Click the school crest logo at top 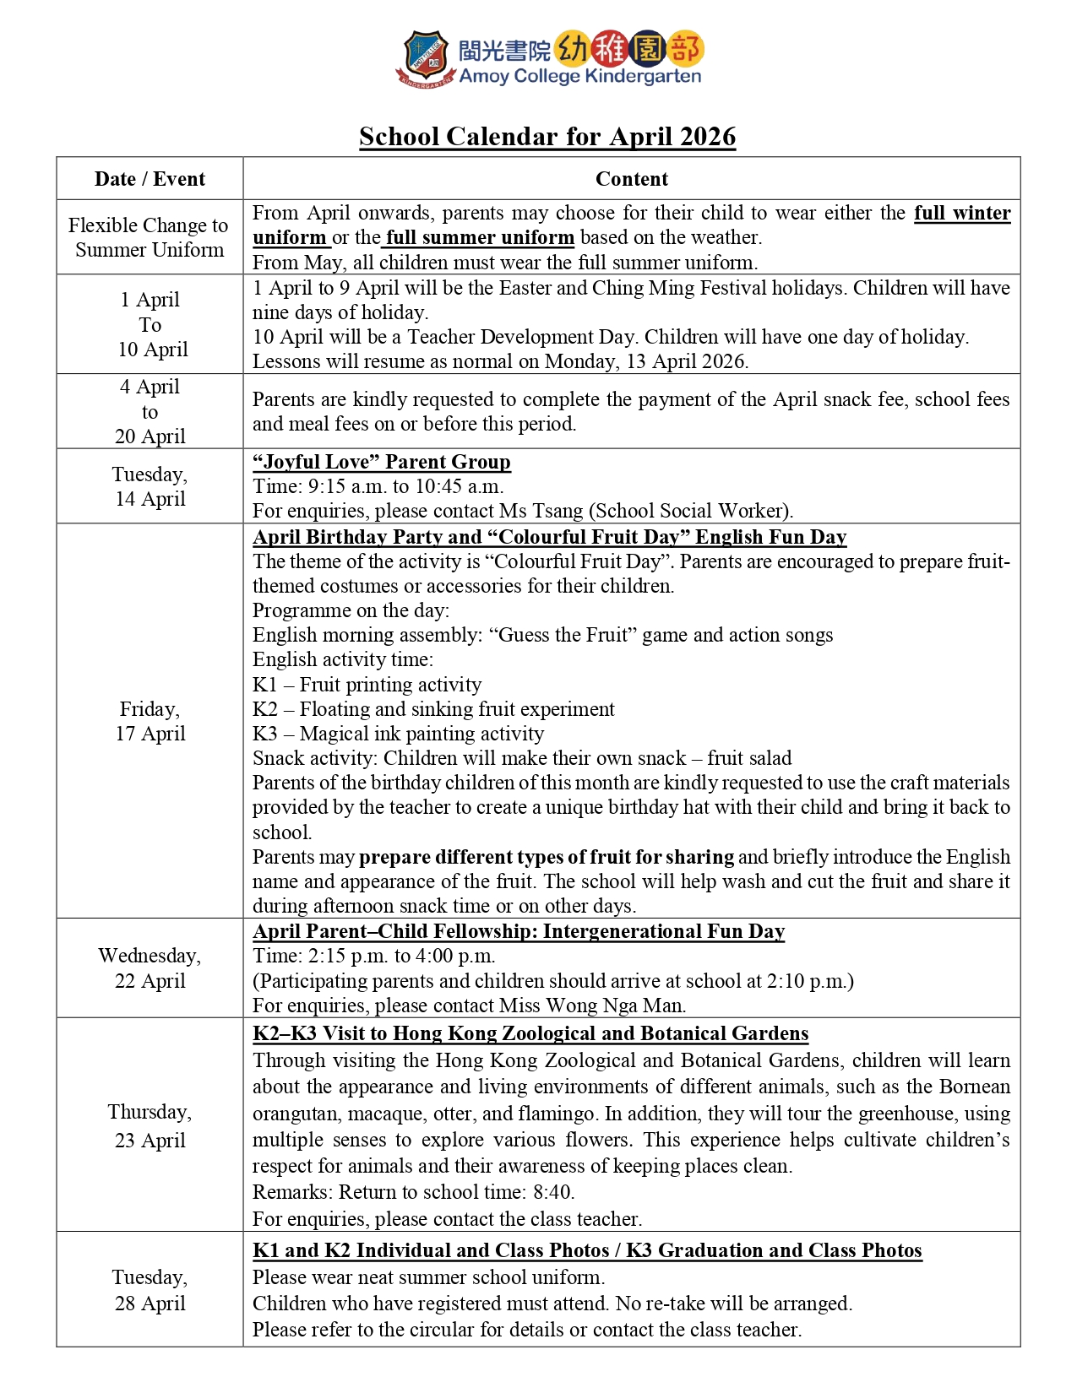427,58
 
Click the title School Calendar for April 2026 547,137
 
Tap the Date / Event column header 150,179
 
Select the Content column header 631,179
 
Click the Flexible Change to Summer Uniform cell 150,237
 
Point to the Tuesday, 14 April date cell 150,486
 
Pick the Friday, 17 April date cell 150,721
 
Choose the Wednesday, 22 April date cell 150,968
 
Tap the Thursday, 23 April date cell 150,1125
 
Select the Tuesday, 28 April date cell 150,1289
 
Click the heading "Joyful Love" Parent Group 382,462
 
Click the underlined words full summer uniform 480,238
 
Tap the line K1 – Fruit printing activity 367,685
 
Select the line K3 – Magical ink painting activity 398,734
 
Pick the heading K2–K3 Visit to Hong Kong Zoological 530,1033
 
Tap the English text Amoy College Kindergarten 580,76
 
